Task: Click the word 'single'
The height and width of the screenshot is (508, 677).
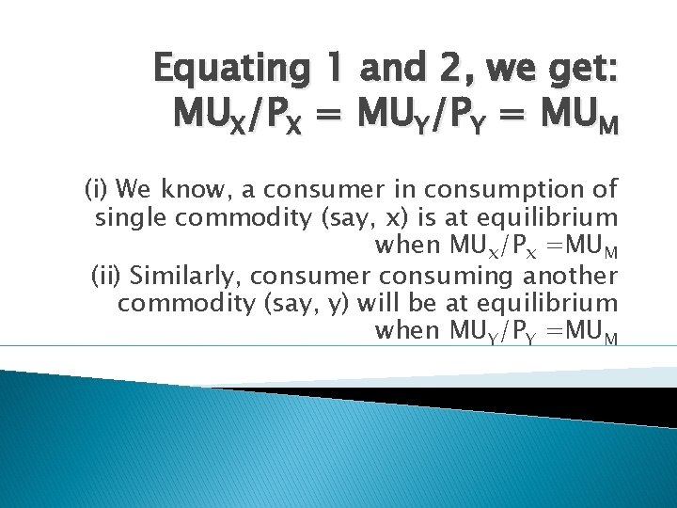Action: pos(127,219)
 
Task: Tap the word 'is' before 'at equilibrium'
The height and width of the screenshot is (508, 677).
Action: pos(401,218)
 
